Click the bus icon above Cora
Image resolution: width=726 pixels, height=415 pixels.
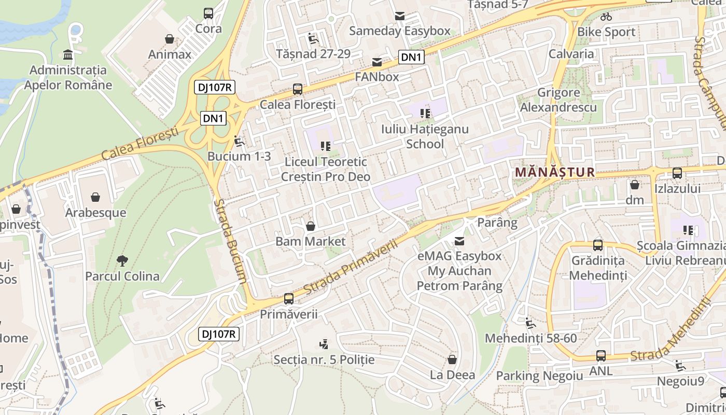(x=208, y=13)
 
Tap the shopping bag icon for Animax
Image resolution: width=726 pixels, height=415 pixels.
(x=169, y=39)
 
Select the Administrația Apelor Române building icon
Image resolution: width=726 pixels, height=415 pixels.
(x=67, y=54)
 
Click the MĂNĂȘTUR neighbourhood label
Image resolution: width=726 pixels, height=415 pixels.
(x=554, y=172)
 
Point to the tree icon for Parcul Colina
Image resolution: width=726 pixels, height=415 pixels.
(x=122, y=260)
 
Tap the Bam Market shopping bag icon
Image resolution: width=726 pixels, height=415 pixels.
(x=310, y=226)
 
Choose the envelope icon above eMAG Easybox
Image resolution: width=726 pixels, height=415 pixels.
(x=459, y=241)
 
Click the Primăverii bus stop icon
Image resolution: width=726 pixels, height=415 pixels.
(x=289, y=299)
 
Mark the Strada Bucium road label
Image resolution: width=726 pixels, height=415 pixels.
(x=230, y=241)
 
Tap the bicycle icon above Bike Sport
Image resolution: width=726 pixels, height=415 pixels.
(x=606, y=17)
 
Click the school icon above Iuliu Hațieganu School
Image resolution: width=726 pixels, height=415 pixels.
(x=425, y=114)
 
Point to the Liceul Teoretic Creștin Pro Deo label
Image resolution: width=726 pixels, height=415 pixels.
(x=326, y=169)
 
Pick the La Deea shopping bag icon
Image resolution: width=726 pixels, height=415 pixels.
(x=452, y=359)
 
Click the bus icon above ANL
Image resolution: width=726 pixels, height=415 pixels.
(x=601, y=356)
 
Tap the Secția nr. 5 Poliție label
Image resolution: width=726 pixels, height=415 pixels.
(x=324, y=359)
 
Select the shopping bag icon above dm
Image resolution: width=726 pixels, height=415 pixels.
(x=634, y=185)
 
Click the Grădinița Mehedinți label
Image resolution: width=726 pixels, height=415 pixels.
(x=598, y=268)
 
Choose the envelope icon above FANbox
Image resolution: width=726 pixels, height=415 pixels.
(x=377, y=63)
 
